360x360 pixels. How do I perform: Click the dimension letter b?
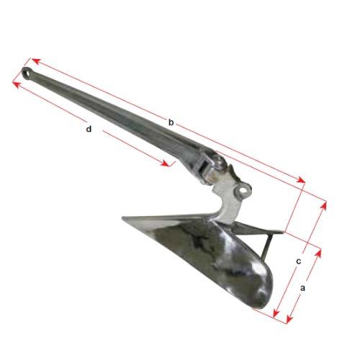pos(171,122)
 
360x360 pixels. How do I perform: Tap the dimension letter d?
pos(89,129)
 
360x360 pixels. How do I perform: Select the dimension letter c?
pos(298,261)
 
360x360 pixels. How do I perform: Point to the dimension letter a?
pos(302,288)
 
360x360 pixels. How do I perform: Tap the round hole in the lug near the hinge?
pos(244,190)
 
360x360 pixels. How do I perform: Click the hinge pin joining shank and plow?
pos(218,161)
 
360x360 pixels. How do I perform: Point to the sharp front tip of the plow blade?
pos(123,217)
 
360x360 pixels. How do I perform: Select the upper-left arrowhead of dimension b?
pos(35,60)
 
